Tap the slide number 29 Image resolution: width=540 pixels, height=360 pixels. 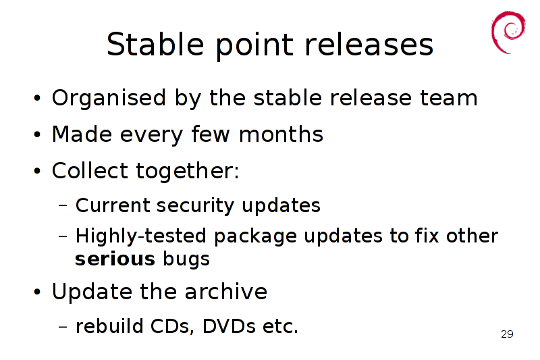pos(507,334)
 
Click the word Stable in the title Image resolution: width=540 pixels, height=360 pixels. pos(155,44)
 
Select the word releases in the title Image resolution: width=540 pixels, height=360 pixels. pos(369,44)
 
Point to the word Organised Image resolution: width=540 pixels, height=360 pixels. pos(109,98)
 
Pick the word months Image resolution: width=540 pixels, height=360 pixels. pos(281,134)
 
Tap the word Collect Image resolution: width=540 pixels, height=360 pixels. pos(90,170)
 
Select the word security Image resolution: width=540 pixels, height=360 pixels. pos(195,206)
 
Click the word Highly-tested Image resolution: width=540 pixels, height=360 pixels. pos(140,236)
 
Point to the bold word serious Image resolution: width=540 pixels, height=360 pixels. pos(115,259)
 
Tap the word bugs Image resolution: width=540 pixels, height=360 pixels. pos(186,260)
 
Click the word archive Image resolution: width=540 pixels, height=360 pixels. pos(226,292)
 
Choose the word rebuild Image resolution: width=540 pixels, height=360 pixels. pos(109,326)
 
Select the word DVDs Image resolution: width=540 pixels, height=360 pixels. pos(229,326)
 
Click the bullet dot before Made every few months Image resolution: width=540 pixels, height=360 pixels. pos(37,134)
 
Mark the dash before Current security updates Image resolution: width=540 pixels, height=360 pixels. pos(63,205)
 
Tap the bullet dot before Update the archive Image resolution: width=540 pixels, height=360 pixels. pos(37,292)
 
